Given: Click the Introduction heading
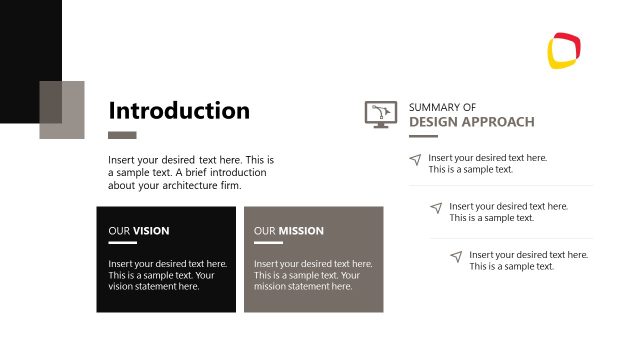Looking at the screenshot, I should coord(179,110).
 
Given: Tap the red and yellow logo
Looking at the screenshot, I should coord(565,50).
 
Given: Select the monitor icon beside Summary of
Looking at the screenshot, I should coord(380,114).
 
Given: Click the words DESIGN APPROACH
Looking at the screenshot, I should coord(471,122).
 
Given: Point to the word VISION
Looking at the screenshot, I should coord(151,231).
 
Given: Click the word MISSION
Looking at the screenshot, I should coord(301,231).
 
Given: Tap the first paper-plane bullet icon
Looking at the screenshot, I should coord(415,160).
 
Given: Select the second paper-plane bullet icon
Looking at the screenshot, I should coord(436,208).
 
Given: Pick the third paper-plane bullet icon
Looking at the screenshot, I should coord(456,256).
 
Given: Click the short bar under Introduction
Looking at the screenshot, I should coord(122,135).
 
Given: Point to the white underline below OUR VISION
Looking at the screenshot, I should coord(122,243).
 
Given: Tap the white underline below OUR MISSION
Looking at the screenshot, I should coord(268,243).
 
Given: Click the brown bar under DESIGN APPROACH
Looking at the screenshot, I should coord(423,135).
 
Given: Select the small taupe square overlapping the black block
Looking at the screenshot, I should coord(62,109).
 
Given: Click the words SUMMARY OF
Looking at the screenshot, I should coord(442,107).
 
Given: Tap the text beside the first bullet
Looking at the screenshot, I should coord(487,164).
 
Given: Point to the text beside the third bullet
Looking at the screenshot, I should coord(528,260).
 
